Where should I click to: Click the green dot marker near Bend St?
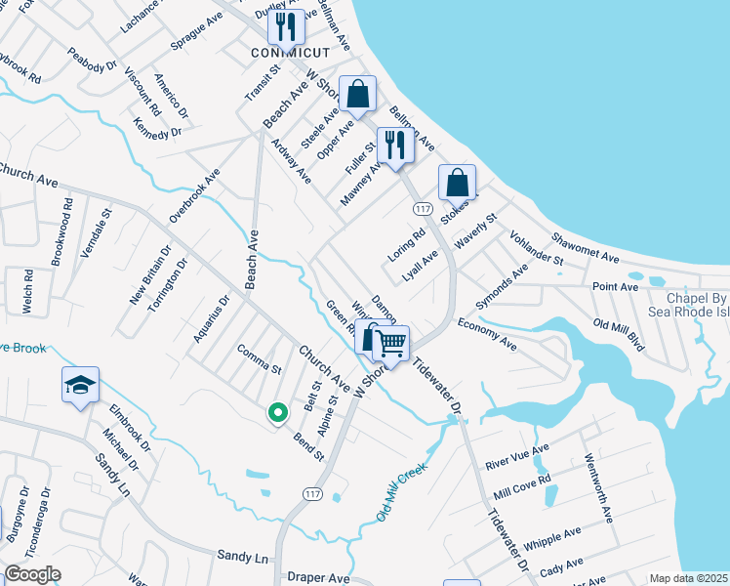277,414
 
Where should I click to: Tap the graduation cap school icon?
80,386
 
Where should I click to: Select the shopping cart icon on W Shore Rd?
390,343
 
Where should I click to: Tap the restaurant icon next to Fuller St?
395,146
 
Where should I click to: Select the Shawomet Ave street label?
586,247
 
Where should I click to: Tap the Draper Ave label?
318,577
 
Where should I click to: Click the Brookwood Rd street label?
62,231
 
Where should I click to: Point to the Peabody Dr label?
93,60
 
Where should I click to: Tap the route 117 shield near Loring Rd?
423,209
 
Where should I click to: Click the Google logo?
32,574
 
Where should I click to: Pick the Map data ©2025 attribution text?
688,578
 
